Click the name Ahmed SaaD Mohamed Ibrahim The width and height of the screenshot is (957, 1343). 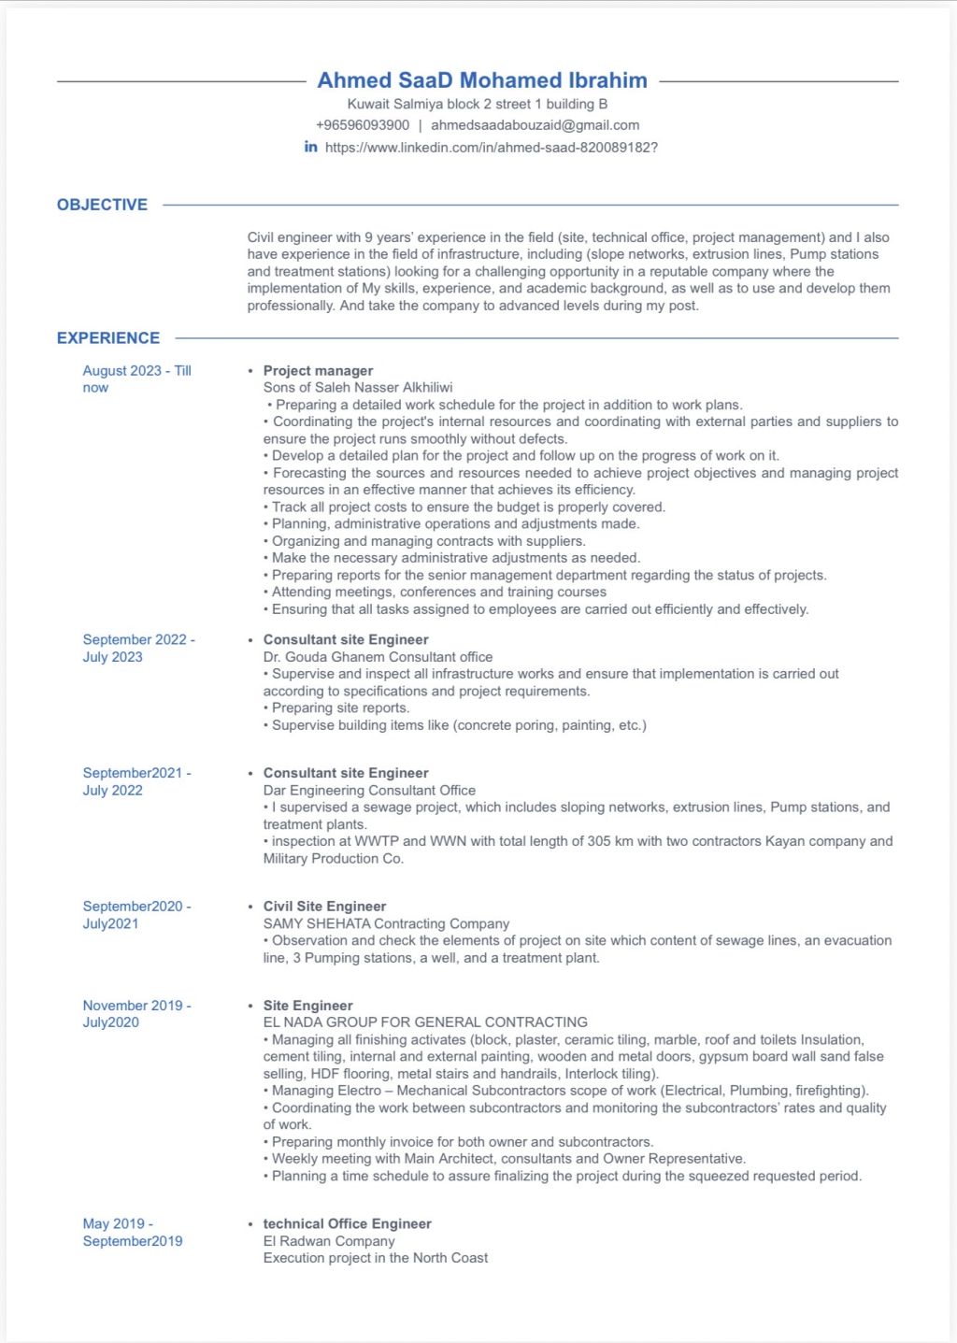click(482, 80)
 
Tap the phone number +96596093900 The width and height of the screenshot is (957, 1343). click(363, 125)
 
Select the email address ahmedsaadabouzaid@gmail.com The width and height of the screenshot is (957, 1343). click(535, 125)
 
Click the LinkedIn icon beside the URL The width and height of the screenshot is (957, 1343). click(311, 147)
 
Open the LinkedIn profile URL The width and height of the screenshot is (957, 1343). click(492, 148)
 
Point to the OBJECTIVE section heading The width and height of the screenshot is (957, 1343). click(102, 205)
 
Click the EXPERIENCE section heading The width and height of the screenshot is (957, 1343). click(108, 338)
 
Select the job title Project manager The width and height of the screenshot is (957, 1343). click(318, 371)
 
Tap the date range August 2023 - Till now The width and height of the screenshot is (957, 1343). click(136, 379)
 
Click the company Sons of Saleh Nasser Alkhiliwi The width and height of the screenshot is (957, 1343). click(358, 388)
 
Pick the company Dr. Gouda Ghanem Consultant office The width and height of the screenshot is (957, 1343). click(378, 657)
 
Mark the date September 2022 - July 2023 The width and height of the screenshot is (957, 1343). click(138, 648)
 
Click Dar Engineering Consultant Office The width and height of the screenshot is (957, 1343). click(369, 791)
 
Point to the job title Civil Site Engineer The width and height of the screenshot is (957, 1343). click(324, 907)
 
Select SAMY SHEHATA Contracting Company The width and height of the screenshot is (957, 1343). click(386, 923)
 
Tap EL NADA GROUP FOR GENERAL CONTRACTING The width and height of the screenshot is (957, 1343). click(425, 1022)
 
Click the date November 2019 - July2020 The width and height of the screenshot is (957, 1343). click(136, 1014)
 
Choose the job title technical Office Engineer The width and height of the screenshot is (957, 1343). click(347, 1224)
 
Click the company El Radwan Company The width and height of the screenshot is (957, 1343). click(329, 1241)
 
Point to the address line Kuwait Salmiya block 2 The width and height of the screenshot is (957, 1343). click(478, 104)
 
